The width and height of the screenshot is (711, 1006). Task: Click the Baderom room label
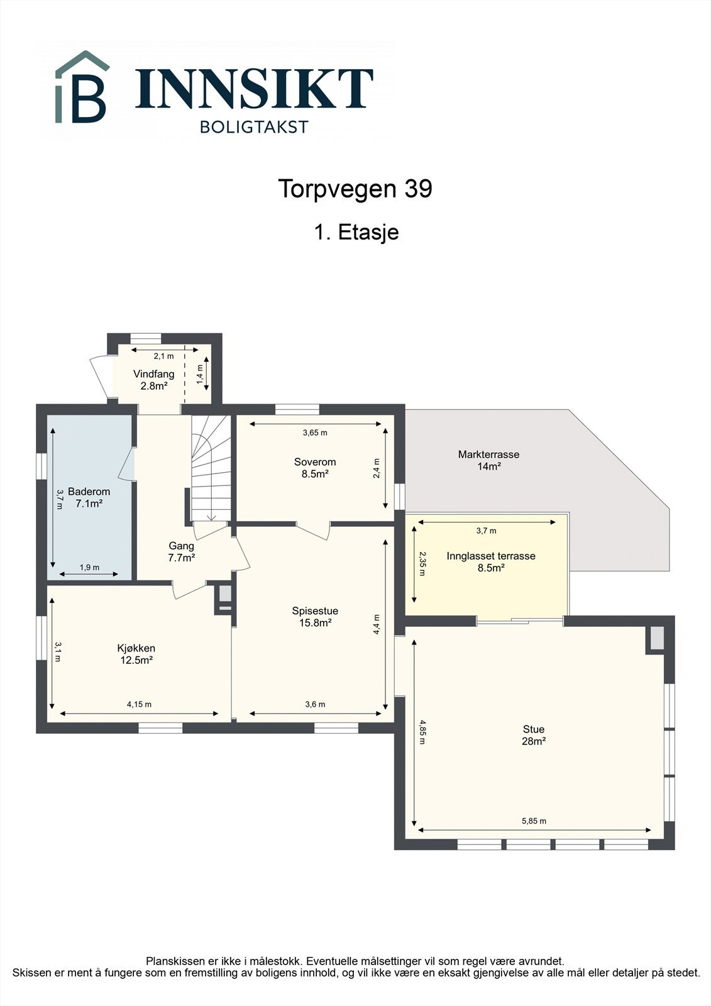[89, 497]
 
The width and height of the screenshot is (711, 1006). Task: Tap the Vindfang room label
[153, 380]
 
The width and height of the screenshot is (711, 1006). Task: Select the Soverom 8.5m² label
[315, 468]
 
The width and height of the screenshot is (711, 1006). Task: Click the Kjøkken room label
[136, 654]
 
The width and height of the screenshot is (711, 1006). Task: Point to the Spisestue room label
[315, 617]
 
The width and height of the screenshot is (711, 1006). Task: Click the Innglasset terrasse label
[491, 562]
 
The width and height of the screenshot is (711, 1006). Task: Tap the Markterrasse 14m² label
[488, 460]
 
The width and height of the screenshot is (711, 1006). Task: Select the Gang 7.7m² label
[182, 551]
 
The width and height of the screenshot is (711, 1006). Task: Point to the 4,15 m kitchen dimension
[139, 704]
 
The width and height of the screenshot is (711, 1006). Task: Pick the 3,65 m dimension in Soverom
[315, 433]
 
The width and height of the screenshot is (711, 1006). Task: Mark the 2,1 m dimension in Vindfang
[164, 356]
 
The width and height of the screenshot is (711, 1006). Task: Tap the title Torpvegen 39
[355, 189]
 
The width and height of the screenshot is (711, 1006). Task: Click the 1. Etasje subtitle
[356, 232]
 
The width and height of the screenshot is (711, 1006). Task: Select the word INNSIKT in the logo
[254, 88]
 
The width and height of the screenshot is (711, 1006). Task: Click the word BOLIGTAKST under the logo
[254, 127]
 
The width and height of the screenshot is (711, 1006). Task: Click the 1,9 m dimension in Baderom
[89, 567]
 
